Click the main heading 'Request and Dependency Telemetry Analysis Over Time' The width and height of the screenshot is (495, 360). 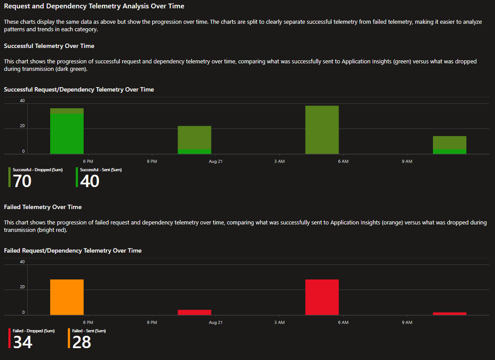[x=94, y=6]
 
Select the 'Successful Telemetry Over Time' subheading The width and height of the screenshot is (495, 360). [x=49, y=46]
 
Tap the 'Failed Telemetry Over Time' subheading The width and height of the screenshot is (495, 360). [x=43, y=207]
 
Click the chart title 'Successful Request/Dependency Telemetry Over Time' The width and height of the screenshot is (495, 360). [x=79, y=89]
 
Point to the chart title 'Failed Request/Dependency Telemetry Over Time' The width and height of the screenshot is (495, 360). [x=73, y=250]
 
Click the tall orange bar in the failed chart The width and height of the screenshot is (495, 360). [x=67, y=297]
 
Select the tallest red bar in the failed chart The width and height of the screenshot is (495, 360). [x=322, y=297]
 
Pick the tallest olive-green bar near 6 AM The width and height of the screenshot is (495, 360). [x=322, y=130]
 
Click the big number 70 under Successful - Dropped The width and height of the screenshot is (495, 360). [x=22, y=181]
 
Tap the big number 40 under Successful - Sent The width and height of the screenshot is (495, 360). [x=90, y=181]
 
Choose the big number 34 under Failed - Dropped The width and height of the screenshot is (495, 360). [x=22, y=342]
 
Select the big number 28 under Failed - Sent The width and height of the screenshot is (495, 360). [x=81, y=342]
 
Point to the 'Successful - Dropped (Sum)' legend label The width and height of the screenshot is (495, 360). [x=37, y=170]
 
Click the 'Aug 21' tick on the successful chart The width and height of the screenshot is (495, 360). [x=216, y=162]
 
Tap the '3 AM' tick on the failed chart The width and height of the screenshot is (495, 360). [x=279, y=323]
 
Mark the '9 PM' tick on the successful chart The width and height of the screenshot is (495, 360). [x=152, y=162]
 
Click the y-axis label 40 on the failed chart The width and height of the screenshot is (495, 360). [x=22, y=262]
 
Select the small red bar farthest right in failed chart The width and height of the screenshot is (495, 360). [x=450, y=313]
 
